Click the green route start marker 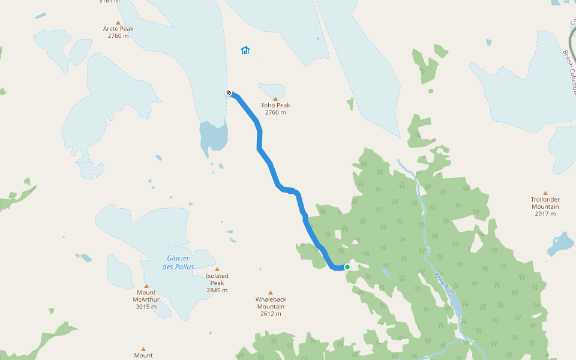click(x=347, y=267)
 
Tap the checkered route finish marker click(x=229, y=92)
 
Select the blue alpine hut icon click(x=245, y=50)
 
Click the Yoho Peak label click(x=275, y=105)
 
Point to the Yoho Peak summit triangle click(x=275, y=98)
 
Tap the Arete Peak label click(x=118, y=29)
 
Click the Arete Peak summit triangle click(x=118, y=22)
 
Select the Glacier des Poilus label click(x=178, y=262)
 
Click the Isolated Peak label click(x=217, y=280)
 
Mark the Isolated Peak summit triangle click(x=217, y=269)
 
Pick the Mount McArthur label click(x=146, y=296)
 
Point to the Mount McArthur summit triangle click(x=146, y=286)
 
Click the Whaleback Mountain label click(x=270, y=303)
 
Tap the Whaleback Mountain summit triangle click(x=270, y=293)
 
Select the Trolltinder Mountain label click(x=545, y=203)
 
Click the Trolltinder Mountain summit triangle click(x=545, y=193)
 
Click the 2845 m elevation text click(x=217, y=290)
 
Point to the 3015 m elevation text click(x=146, y=307)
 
